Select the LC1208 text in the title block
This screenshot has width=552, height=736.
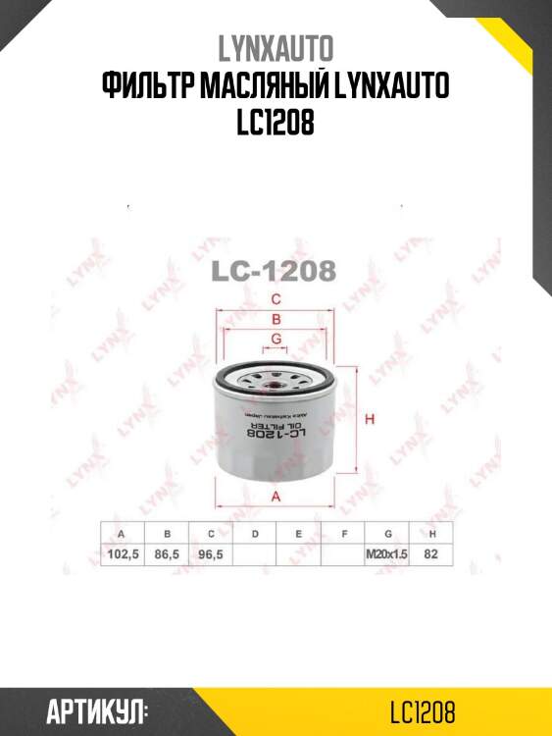276,126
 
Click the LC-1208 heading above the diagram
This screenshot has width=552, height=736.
276,270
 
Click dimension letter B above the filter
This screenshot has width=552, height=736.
276,320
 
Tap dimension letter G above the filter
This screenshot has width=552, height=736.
276,339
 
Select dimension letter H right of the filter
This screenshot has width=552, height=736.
370,420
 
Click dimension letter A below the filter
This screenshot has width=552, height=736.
276,496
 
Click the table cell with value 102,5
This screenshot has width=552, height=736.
122,554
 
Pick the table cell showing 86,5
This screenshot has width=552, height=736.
167,554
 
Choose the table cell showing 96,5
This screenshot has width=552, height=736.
211,554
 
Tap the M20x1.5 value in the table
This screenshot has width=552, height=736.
386,554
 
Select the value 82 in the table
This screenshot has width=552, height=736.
430,554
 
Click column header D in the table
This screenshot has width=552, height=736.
255,534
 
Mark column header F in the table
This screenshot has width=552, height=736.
343,534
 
